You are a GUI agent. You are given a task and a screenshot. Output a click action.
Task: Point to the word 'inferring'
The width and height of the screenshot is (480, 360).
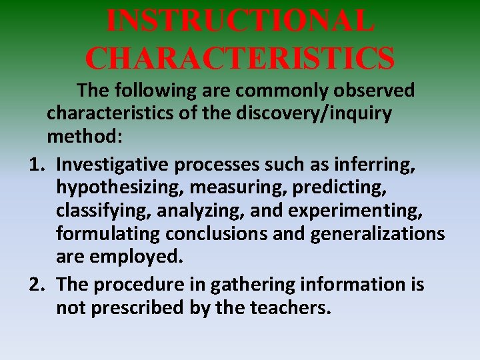click(381, 163)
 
